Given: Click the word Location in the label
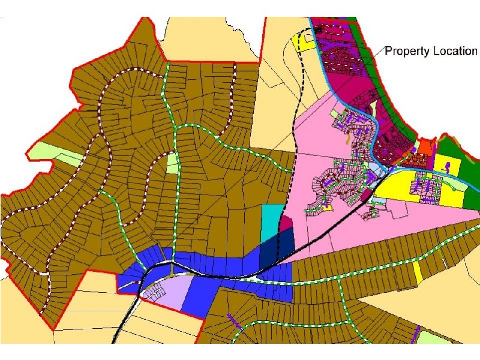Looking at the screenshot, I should pyautogui.click(x=454, y=51).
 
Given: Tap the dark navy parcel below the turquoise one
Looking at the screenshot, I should pyautogui.click(x=278, y=243).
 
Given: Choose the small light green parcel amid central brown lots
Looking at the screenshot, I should pyautogui.click(x=172, y=163).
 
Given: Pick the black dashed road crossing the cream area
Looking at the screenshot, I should pyautogui.click(x=298, y=120).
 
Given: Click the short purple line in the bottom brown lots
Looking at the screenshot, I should pyautogui.click(x=230, y=317).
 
